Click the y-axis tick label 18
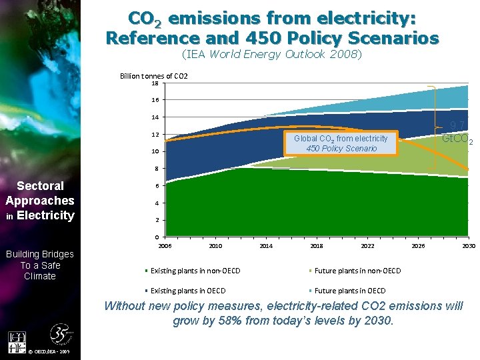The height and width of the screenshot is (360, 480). coord(154,83)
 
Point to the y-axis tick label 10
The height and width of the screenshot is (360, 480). coord(154,151)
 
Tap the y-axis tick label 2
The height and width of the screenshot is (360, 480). coord(155,220)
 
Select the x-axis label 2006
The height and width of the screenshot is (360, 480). coord(165,246)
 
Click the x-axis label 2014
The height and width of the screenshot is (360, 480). coord(265,246)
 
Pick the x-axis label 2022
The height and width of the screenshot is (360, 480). coord(367,246)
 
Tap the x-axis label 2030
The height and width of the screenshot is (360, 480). coord(469,246)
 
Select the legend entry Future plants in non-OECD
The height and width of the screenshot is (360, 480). coord(357,271)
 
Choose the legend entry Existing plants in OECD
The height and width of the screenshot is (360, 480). coord(188,291)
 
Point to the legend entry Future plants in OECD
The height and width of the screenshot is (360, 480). coord(349,291)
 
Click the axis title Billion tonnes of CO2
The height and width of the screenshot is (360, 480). coord(153,76)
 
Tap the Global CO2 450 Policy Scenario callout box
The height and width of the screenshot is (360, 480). coord(341,143)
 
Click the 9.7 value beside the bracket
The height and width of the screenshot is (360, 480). coord(457,126)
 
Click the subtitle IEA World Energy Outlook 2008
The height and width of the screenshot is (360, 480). coord(272,55)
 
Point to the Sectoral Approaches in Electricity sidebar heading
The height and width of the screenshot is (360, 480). coord(40,201)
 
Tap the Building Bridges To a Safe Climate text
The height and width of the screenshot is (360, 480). coord(40,265)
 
